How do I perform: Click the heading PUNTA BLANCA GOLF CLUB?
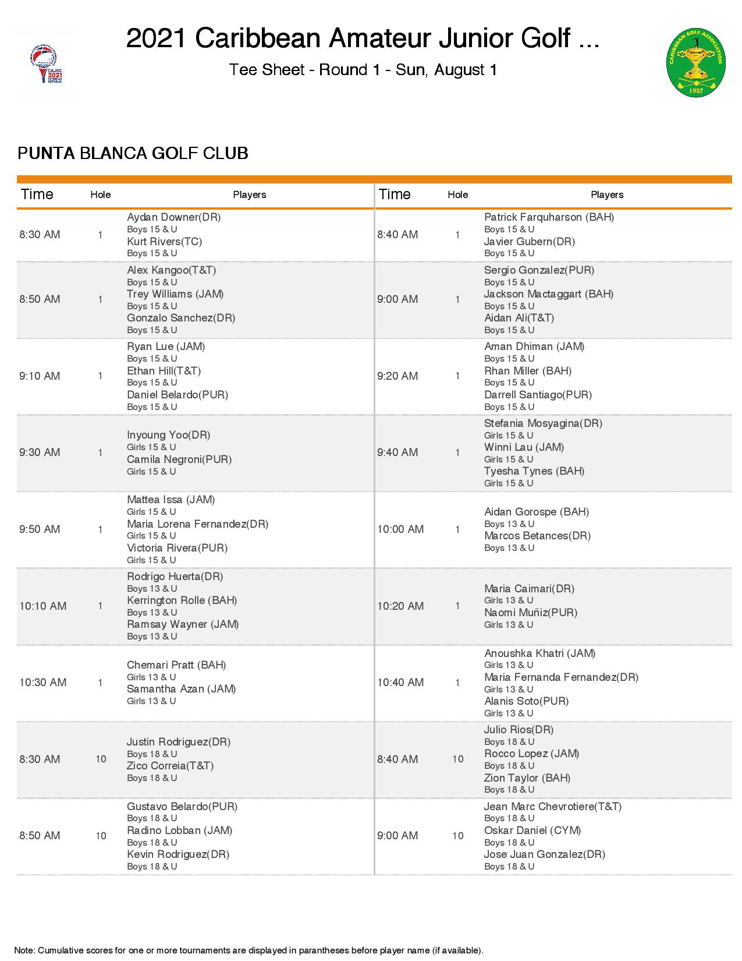coord(133,153)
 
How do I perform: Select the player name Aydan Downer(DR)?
coord(173,217)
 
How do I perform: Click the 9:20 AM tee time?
coord(397,376)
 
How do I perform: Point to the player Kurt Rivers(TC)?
coord(164,241)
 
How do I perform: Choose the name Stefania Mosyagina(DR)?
coord(543,423)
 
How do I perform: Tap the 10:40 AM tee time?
coord(400,683)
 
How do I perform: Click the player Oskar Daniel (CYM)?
coord(532,831)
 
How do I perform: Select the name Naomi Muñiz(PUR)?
coord(531,613)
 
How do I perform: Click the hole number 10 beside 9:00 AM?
coord(458,836)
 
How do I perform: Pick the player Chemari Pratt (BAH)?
coord(176,665)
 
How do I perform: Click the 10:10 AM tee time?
coord(42,606)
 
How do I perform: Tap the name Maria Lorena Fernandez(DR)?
coord(197,524)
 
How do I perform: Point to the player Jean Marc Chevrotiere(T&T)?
coord(553,807)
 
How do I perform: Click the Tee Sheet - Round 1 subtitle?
coord(363,70)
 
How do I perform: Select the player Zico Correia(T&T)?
coord(170,766)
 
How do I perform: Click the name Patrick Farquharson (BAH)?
coord(549,217)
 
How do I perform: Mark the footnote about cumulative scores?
coord(248,951)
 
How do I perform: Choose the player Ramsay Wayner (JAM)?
coord(183,624)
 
